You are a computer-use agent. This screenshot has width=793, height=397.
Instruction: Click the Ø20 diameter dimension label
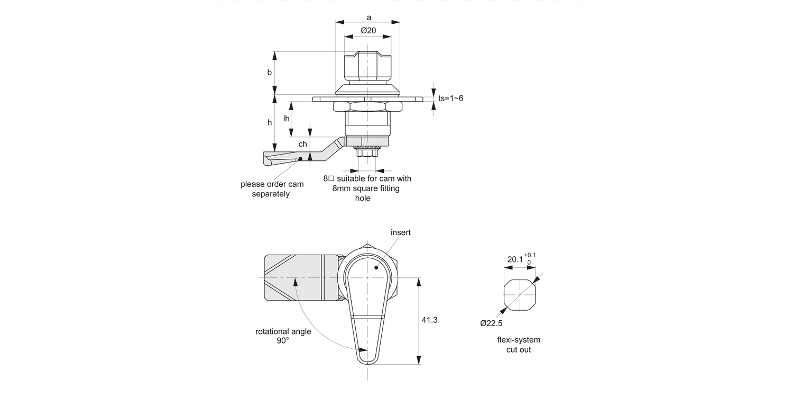coord(368,31)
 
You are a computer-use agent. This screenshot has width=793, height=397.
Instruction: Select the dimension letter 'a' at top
coord(368,17)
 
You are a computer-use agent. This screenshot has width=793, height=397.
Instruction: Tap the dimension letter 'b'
coord(269,73)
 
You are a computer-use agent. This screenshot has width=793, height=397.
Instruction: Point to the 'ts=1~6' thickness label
coord(450,98)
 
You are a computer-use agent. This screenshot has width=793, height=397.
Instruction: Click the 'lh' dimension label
coord(286,119)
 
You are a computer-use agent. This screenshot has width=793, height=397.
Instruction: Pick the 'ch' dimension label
coord(303,144)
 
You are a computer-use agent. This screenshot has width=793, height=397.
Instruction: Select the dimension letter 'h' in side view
coord(269,122)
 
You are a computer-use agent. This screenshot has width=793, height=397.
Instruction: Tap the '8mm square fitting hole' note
coord(367,188)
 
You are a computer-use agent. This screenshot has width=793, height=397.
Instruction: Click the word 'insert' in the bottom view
coord(401,232)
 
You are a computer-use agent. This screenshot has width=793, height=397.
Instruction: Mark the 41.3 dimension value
coord(429,320)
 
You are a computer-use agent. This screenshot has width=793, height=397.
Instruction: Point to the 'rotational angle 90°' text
coord(283,336)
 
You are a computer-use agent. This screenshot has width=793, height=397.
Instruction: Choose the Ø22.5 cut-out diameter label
coord(491,323)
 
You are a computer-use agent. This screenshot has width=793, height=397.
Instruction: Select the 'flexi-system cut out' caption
coord(519,345)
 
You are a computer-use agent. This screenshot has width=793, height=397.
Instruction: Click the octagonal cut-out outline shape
coord(520,294)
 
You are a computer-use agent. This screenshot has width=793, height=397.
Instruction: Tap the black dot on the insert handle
coord(376,267)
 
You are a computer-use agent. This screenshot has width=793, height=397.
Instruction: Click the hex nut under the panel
coord(367,106)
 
